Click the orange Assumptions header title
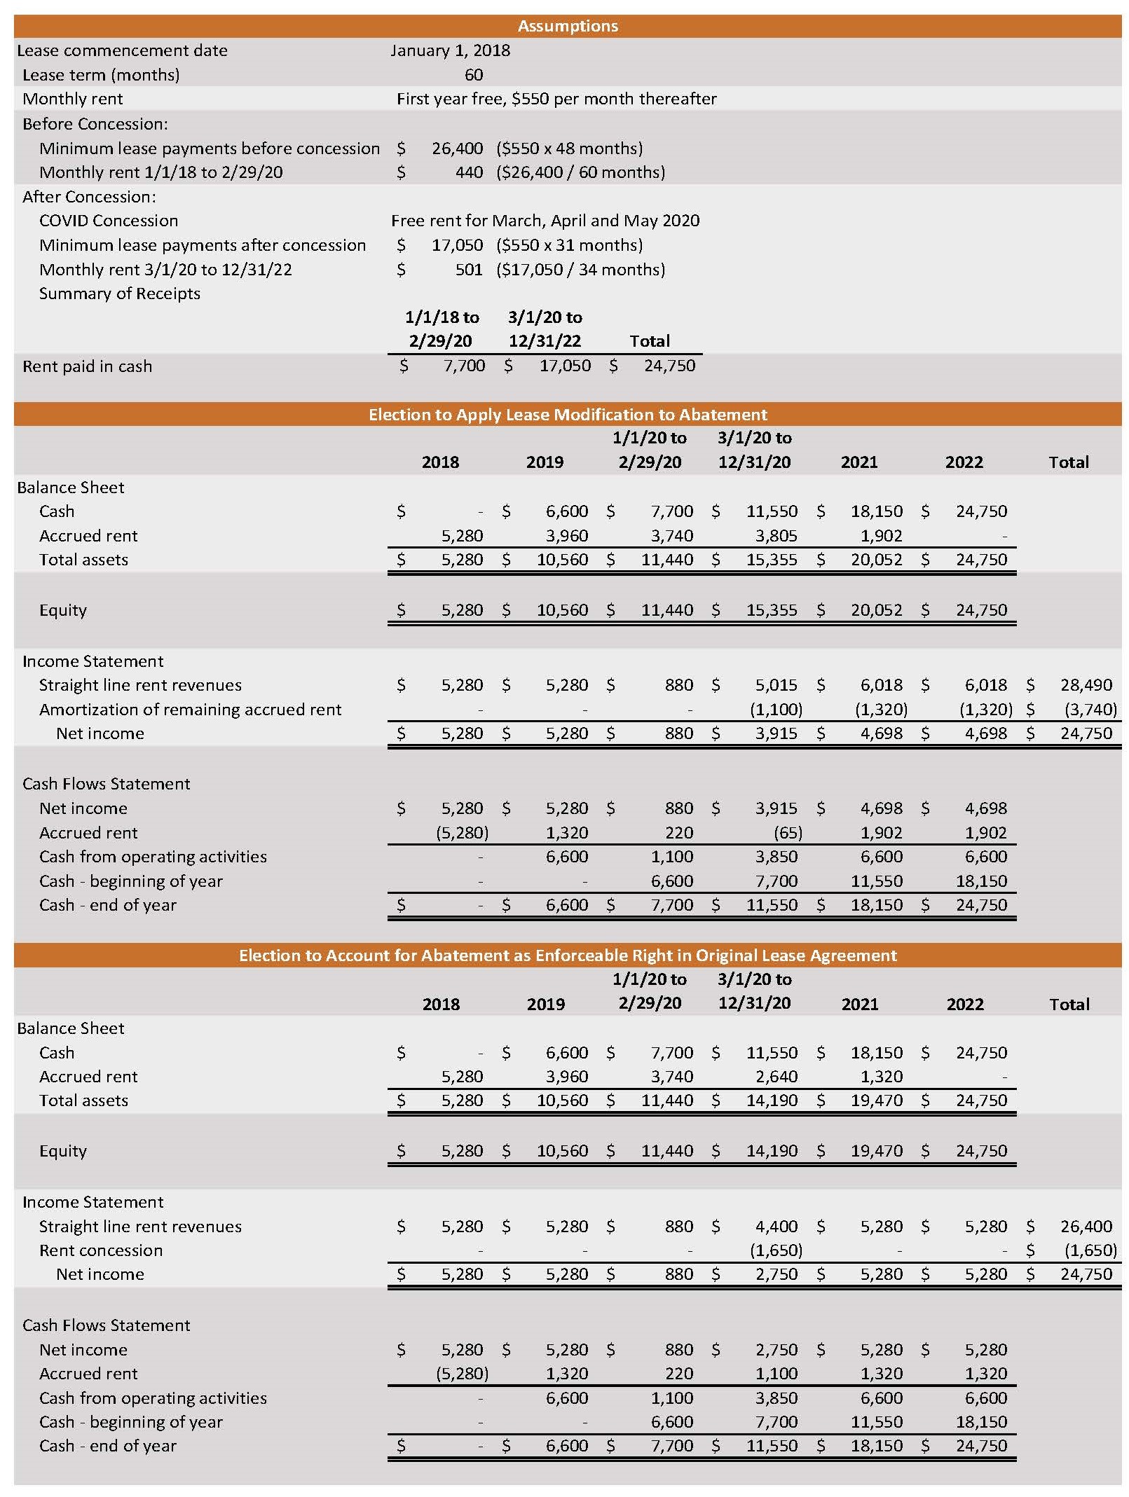(568, 26)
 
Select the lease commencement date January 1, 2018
(450, 50)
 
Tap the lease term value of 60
(474, 75)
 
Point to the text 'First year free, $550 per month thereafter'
(556, 99)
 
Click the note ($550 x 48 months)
(569, 149)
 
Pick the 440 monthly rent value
(469, 172)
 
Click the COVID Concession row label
(109, 221)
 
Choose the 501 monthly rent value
(469, 270)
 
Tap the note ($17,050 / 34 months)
(580, 270)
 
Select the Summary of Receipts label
(119, 294)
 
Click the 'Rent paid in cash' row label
(87, 366)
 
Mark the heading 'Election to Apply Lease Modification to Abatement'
(568, 415)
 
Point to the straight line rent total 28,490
(1086, 685)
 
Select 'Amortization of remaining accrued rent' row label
(190, 710)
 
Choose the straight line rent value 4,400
(776, 1227)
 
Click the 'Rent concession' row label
(101, 1250)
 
